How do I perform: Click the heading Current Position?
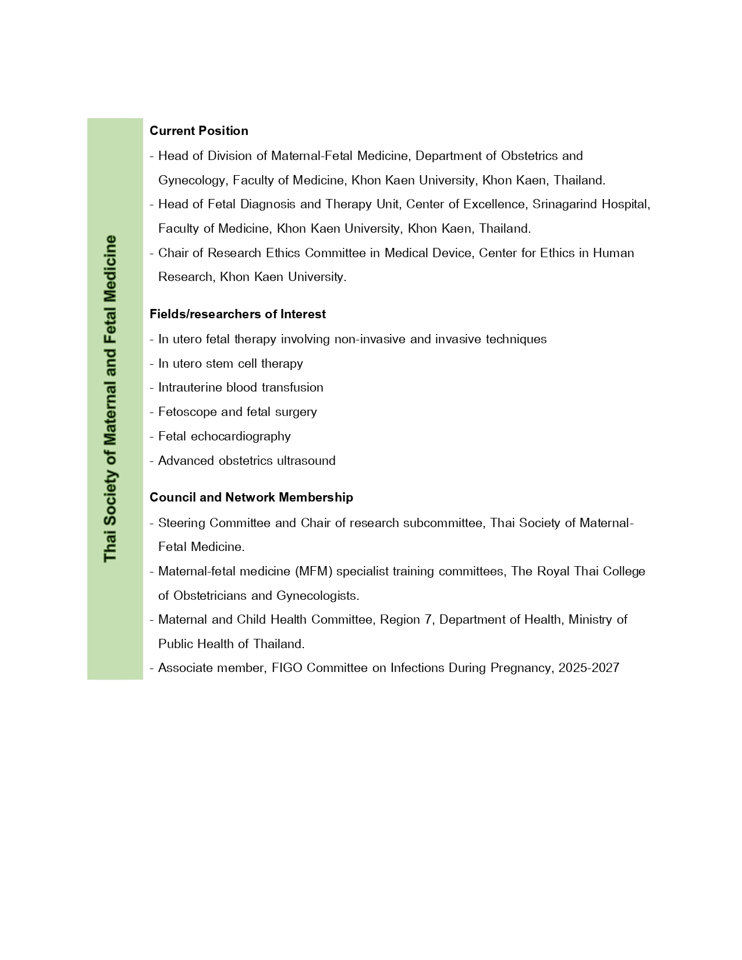click(198, 130)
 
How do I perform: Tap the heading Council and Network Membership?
click(251, 497)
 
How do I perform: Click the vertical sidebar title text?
click(110, 399)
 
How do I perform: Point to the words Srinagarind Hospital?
click(591, 204)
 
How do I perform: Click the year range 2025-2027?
click(588, 668)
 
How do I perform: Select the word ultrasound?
click(306, 461)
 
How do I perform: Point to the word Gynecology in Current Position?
click(191, 180)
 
